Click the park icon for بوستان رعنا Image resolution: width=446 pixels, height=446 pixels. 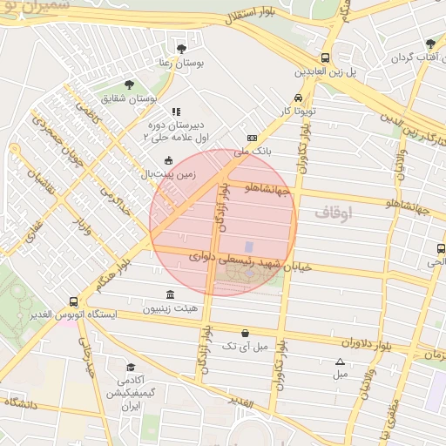point(180,49)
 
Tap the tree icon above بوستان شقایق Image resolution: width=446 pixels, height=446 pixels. point(130,85)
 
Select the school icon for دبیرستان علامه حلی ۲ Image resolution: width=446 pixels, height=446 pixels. point(176,111)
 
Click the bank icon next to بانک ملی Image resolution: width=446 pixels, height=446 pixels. point(253,138)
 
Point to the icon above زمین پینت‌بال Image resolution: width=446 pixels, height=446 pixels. point(168,160)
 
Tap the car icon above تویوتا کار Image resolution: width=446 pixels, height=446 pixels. point(299,98)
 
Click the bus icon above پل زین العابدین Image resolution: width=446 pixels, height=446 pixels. point(325,57)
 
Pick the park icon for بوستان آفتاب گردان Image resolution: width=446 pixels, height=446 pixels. point(429,44)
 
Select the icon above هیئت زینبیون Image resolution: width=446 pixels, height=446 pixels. point(170,294)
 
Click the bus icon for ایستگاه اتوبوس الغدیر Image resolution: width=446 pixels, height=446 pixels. point(73,301)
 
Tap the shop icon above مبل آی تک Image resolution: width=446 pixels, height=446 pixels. point(246,333)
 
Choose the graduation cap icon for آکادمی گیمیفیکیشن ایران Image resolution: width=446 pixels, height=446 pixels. point(131,368)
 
